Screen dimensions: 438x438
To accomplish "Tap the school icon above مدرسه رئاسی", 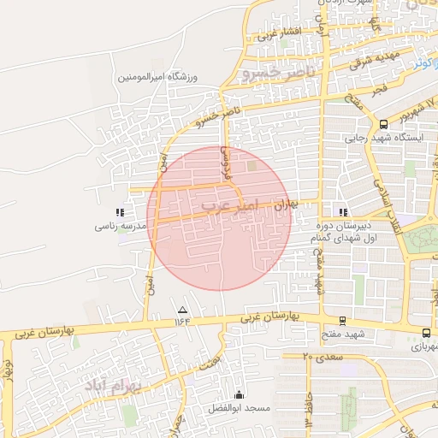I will point(120,211).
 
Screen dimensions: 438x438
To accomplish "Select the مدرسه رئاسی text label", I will point(122,226).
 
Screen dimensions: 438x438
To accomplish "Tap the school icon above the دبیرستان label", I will point(343,211).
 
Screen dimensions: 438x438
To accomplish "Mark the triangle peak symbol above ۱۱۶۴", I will point(181,309).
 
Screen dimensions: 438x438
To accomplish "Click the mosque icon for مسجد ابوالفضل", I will point(238,394).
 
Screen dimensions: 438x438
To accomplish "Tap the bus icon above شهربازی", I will point(426,333).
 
